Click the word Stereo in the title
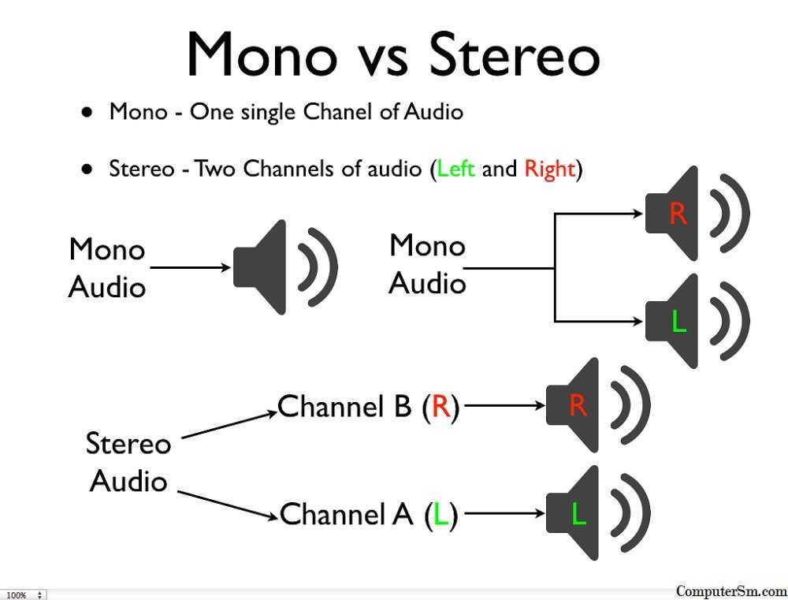[x=514, y=54]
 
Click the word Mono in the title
[x=262, y=54]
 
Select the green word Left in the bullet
[x=455, y=169]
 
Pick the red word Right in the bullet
[x=549, y=170]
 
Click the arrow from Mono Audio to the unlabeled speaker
[x=191, y=267]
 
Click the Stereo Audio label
[x=128, y=462]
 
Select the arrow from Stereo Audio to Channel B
[x=229, y=426]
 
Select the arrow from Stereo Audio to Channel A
[x=228, y=505]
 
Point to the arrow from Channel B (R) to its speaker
[x=505, y=404]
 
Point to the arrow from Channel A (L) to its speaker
[x=504, y=513]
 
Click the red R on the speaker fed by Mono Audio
[x=678, y=213]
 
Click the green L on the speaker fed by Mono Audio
[x=679, y=322]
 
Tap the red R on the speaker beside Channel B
[x=578, y=404]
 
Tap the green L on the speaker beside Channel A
[x=579, y=513]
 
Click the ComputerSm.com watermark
[x=732, y=591]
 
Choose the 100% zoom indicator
[x=16, y=595]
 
